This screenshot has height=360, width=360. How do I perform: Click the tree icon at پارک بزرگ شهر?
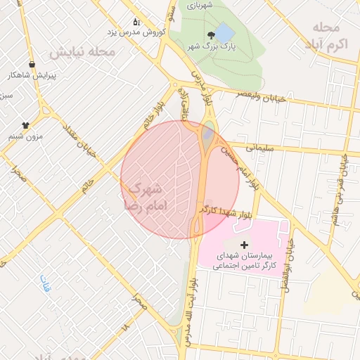pyautogui.click(x=211, y=35)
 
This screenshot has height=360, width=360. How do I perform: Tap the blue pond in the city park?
pyautogui.click(x=224, y=32)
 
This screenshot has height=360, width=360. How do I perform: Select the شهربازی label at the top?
pyautogui.click(x=199, y=5)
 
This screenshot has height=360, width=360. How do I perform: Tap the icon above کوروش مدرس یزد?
pyautogui.click(x=136, y=22)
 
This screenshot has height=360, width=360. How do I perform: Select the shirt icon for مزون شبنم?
pyautogui.click(x=25, y=124)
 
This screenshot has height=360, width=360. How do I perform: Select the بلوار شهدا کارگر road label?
pyautogui.click(x=225, y=210)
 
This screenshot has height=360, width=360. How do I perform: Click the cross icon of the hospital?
pyautogui.click(x=245, y=245)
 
